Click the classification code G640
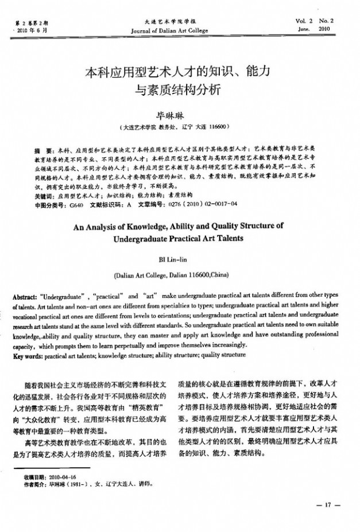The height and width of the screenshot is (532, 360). click(x=75, y=203)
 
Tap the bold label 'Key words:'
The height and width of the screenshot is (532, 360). click(x=27, y=355)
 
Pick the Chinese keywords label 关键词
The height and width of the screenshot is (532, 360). click(x=45, y=195)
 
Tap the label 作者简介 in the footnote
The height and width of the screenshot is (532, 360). click(x=35, y=484)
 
